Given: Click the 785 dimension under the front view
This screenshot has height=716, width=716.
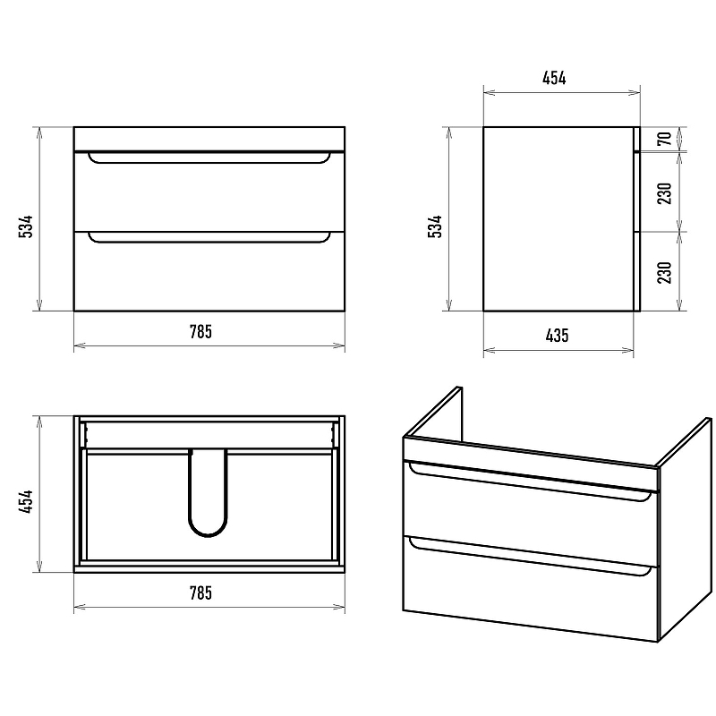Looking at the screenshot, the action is [x=200, y=331].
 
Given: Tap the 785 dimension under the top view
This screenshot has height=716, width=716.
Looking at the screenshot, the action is [x=200, y=592].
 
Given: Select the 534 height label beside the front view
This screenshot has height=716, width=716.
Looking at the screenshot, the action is [x=26, y=226].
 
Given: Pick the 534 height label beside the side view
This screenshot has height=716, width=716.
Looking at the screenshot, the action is [x=435, y=226].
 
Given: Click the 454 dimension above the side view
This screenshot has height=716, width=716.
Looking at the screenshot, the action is [x=554, y=78].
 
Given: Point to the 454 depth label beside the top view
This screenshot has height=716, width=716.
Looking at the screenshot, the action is [x=26, y=501].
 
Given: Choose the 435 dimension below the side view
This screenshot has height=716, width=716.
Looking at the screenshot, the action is [x=557, y=336].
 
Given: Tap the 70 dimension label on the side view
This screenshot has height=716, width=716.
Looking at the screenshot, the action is [x=665, y=139].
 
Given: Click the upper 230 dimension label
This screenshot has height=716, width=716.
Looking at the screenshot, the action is [x=665, y=193].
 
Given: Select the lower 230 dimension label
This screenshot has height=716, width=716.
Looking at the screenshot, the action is [x=665, y=272].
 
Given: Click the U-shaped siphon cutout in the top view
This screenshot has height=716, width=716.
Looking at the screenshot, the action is [x=208, y=534].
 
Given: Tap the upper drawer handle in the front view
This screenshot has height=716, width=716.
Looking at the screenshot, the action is [x=209, y=162].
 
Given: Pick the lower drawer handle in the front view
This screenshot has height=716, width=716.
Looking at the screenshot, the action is [x=209, y=241].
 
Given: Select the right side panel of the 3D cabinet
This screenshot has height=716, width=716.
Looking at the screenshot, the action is [x=685, y=530].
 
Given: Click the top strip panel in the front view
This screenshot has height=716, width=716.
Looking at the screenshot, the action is [x=209, y=139].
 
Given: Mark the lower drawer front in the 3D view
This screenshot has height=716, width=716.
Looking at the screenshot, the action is [x=531, y=589].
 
